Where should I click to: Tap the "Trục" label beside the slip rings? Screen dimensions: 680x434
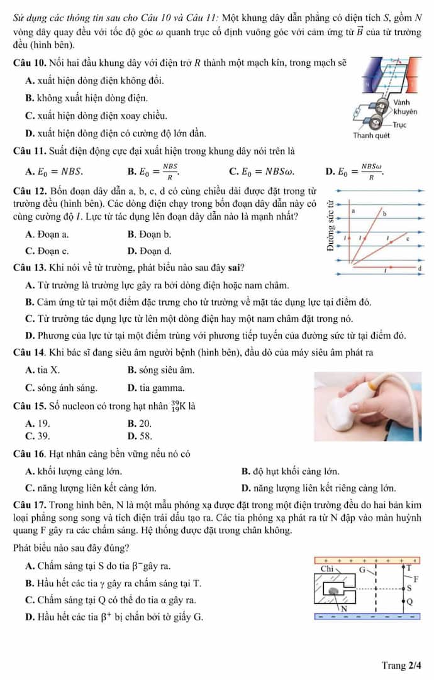click(x=401, y=125)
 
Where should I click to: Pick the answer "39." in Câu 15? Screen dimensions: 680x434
click(x=44, y=434)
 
